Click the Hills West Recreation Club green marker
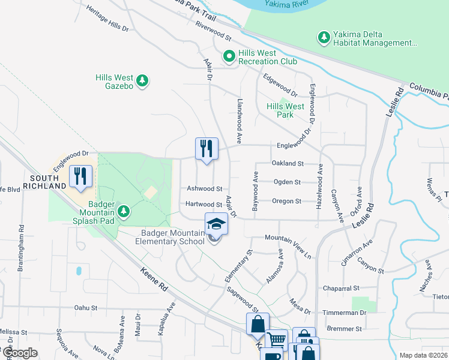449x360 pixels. click(229, 57)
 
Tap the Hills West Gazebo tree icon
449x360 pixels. click(142, 80)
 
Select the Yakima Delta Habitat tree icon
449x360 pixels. click(324, 38)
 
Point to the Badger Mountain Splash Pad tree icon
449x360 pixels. click(124, 211)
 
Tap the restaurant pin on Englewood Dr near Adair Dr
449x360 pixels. click(206, 149)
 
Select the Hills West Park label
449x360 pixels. click(285, 110)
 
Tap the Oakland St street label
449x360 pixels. click(288, 163)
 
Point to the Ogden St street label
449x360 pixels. click(286, 182)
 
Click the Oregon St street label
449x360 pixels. click(286, 202)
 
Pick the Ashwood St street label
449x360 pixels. click(205, 188)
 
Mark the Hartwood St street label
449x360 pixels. click(204, 205)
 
